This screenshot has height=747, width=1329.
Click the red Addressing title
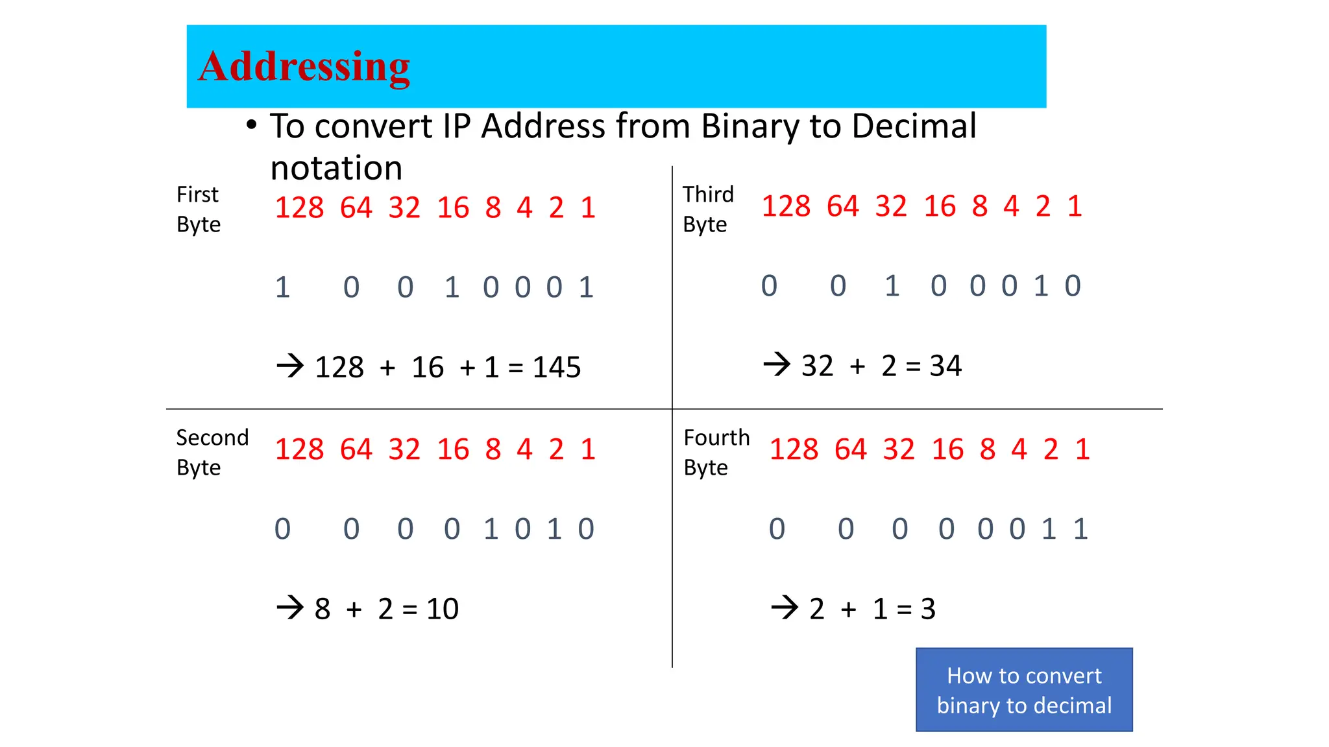[304, 66]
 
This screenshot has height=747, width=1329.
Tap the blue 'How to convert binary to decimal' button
[1024, 690]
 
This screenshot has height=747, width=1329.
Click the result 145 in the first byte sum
[557, 368]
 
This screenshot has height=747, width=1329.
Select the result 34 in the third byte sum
[945, 366]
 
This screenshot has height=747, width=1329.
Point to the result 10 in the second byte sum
[443, 610]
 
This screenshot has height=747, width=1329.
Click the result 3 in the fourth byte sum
[928, 610]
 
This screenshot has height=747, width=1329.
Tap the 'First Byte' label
[199, 209]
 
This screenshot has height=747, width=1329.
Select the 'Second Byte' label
[212, 452]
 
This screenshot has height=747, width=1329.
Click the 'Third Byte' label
[708, 209]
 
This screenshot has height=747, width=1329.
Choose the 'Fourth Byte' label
[716, 452]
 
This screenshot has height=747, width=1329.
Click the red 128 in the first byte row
[299, 208]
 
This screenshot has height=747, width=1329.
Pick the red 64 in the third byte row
[842, 207]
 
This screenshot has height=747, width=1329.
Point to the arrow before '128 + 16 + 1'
[290, 366]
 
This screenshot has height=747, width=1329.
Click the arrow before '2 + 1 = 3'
[785, 608]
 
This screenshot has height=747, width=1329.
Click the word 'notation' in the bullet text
[336, 169]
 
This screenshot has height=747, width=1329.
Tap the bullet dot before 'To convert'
[252, 124]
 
